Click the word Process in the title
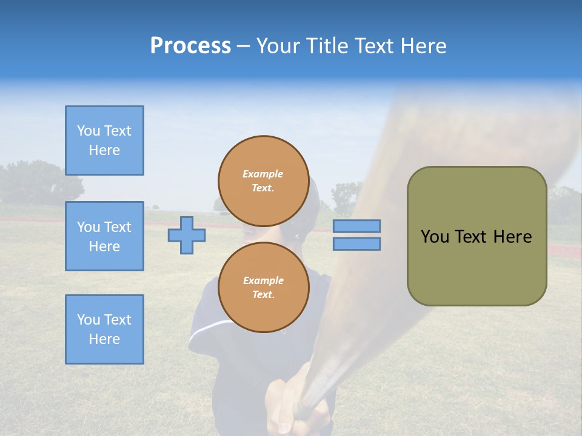click(x=190, y=46)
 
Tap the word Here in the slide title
click(x=422, y=46)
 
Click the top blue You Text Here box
click(x=104, y=140)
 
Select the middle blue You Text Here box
click(x=104, y=236)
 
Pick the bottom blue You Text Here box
click(x=104, y=329)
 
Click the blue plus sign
click(x=186, y=236)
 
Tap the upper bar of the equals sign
click(x=356, y=226)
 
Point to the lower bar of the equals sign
click(x=356, y=244)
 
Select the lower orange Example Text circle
click(x=263, y=287)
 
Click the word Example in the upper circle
click(x=263, y=174)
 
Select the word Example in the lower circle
click(x=263, y=280)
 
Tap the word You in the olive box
click(x=434, y=237)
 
